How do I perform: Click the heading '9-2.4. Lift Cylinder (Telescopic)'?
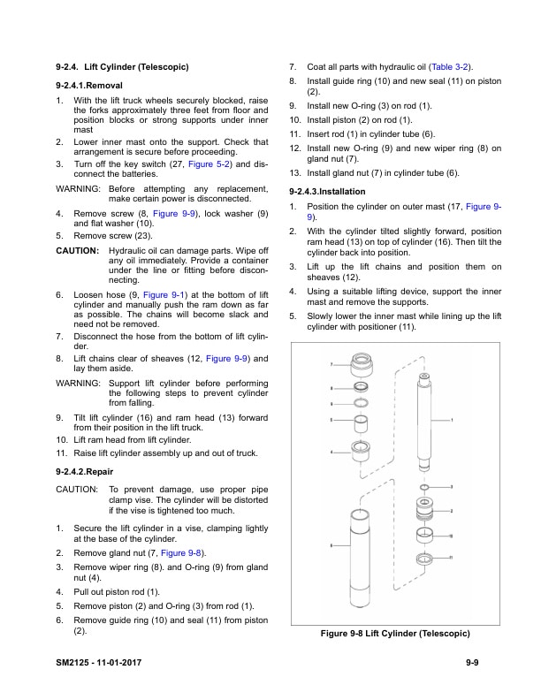pyautogui.click(x=122, y=67)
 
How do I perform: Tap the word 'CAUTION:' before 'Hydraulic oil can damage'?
pyautogui.click(x=77, y=250)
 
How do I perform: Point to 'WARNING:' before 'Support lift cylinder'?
pyautogui.click(x=78, y=383)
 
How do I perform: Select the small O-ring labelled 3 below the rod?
pyautogui.click(x=424, y=487)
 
